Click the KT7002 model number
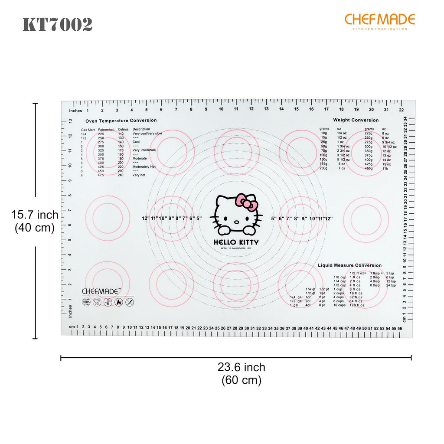coord(57,25)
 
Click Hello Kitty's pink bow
coord(246,202)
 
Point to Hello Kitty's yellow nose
coord(236,221)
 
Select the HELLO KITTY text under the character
coord(236,242)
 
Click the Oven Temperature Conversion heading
coord(121,120)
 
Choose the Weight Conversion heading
coord(356,120)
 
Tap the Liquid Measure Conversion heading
coord(349,265)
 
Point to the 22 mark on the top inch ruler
coord(402,110)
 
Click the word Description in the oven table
coord(141,129)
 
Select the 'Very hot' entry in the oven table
coord(139,175)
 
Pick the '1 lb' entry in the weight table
coord(385,168)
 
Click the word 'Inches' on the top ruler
coord(75,111)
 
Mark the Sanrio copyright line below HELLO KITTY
coord(236,249)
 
